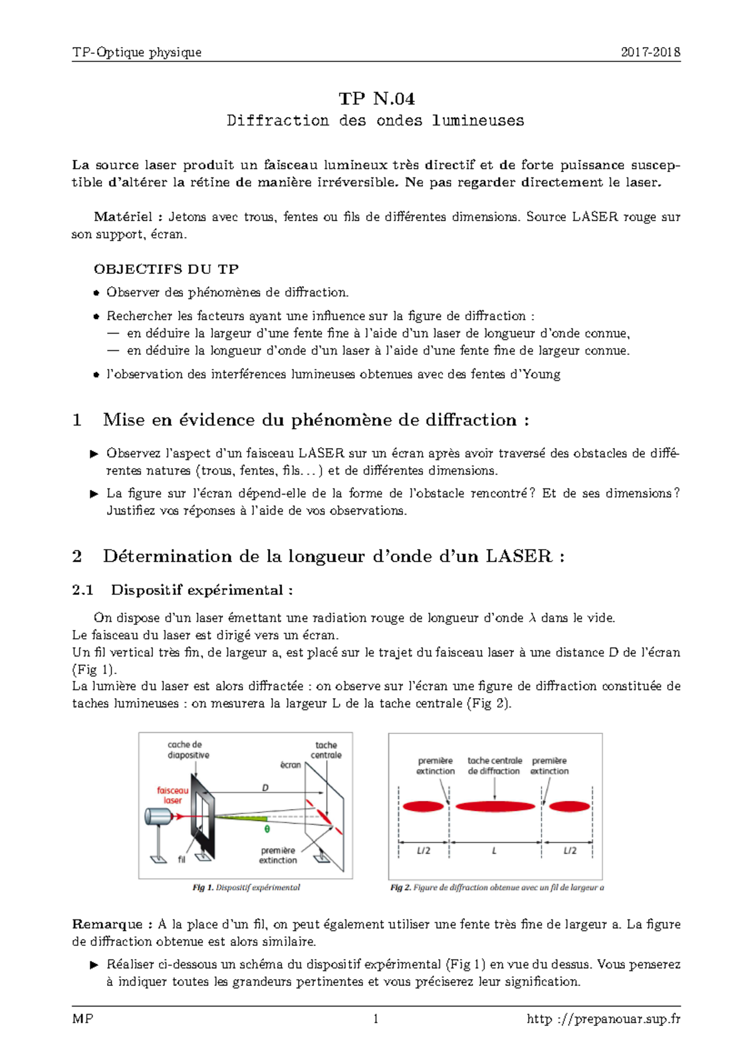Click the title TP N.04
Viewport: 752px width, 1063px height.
[376, 99]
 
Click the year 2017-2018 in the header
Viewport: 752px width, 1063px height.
[650, 53]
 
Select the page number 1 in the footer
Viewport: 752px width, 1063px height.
[376, 1019]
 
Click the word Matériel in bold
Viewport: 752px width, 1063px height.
[123, 217]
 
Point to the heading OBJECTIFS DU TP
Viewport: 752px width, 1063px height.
[166, 270]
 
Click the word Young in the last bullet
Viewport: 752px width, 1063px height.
[541, 374]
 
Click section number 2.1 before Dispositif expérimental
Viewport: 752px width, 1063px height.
[83, 590]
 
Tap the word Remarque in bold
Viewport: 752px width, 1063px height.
[107, 924]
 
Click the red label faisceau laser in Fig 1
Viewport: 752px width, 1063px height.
[172, 795]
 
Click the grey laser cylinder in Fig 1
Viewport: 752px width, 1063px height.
[158, 817]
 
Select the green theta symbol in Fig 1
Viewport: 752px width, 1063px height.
[267, 829]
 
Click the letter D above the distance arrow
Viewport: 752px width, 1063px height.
[265, 788]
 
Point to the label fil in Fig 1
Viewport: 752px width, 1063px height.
[181, 860]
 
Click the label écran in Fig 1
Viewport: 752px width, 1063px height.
[290, 765]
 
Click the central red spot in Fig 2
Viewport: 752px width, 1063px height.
[495, 806]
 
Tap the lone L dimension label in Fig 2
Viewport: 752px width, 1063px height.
[494, 851]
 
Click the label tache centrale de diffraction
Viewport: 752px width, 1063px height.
[494, 766]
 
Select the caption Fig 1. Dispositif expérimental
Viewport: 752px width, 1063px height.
[246, 888]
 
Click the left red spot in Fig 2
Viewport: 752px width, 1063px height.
[423, 806]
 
